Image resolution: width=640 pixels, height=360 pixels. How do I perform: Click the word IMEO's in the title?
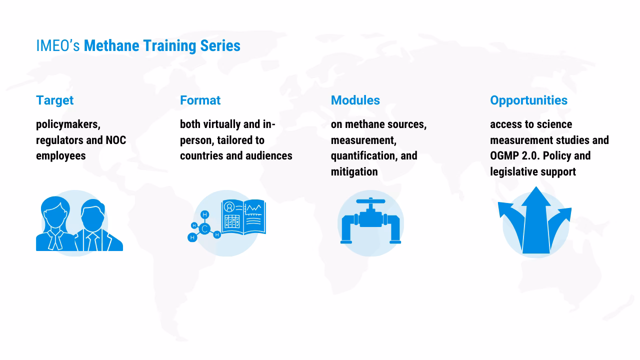[x=58, y=46]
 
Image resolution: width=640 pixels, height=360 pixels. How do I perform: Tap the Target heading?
[x=54, y=100]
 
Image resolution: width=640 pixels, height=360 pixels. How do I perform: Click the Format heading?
[x=200, y=100]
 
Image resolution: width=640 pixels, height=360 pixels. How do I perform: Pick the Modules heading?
[x=355, y=100]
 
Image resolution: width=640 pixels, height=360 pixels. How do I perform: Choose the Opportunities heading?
[x=528, y=100]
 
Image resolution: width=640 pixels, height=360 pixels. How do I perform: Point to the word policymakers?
[x=67, y=124]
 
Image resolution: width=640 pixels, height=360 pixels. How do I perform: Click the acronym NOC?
[x=115, y=140]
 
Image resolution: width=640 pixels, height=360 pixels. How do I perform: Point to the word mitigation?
[x=354, y=171]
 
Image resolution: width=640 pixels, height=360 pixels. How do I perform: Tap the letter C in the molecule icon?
[x=204, y=229]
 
